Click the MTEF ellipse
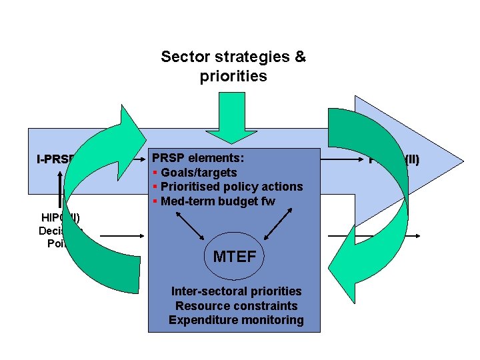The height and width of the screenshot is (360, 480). (234, 256)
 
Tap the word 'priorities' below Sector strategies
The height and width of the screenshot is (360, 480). (233, 76)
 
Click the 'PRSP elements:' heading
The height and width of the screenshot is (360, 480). (198, 159)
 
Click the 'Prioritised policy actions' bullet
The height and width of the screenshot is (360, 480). (231, 187)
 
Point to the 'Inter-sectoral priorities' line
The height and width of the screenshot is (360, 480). (236, 291)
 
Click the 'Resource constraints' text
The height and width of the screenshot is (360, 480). (236, 305)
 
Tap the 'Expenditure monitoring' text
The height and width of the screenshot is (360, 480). (236, 320)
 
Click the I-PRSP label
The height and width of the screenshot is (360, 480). (53, 160)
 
